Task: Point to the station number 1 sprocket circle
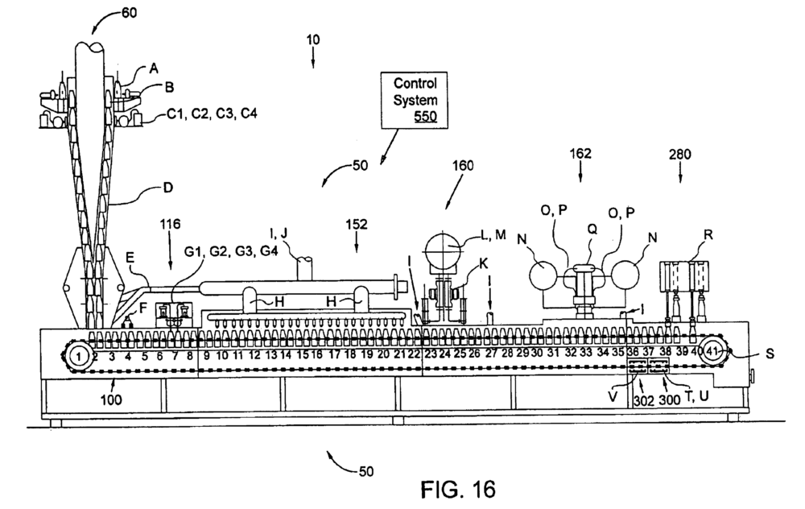(79, 352)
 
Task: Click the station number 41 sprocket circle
(712, 350)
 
